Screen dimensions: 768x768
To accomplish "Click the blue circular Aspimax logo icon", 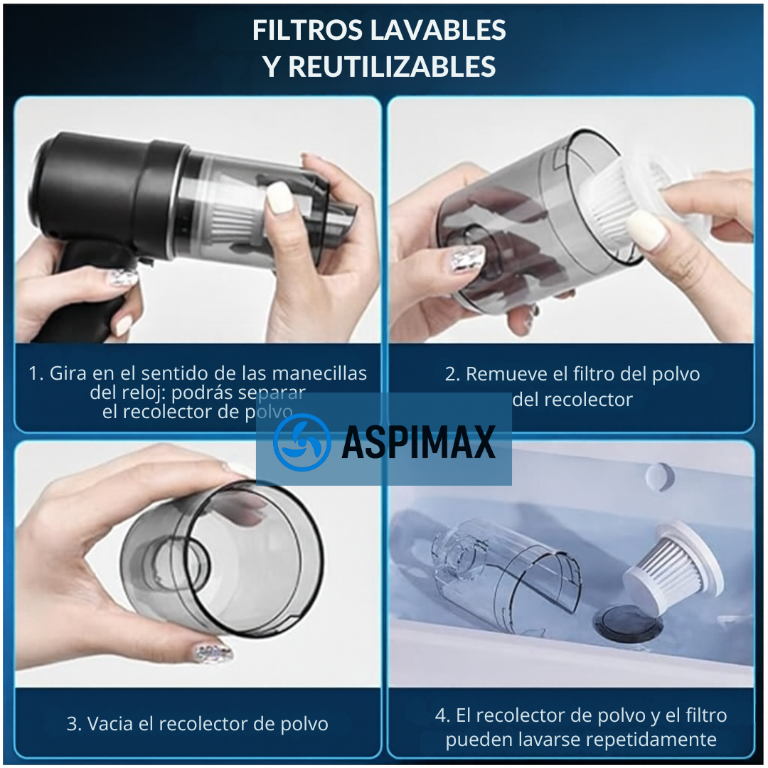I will click(x=302, y=442).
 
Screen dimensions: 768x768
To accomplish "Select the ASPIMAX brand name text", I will click(x=418, y=443).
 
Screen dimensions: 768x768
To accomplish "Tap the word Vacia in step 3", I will click(x=111, y=724).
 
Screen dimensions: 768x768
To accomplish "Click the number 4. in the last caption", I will click(x=443, y=715).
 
